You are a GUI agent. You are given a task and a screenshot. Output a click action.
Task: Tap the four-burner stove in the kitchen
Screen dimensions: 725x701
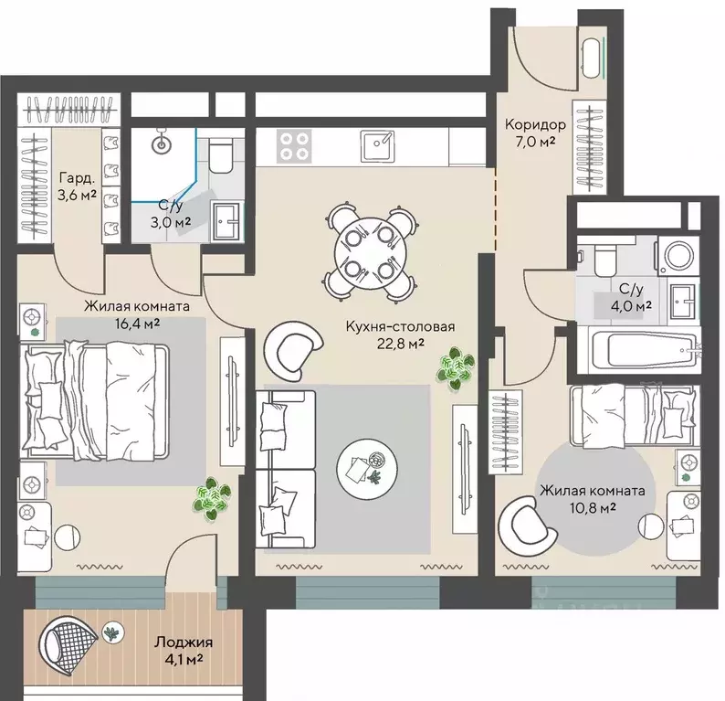tap(294, 145)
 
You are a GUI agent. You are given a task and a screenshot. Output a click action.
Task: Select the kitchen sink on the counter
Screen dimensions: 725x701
tap(378, 145)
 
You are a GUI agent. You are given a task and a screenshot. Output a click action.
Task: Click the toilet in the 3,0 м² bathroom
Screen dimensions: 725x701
tap(221, 154)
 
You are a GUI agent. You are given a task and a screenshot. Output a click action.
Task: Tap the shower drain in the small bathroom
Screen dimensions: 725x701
tap(163, 144)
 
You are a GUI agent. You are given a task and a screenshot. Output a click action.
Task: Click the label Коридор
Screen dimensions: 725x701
tap(535, 124)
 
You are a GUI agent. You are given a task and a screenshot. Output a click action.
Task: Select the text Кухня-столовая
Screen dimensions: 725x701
tap(401, 326)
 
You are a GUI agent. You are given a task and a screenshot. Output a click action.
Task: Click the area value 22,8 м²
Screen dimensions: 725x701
tap(401, 344)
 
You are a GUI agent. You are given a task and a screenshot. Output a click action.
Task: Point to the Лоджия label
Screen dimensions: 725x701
tap(184, 643)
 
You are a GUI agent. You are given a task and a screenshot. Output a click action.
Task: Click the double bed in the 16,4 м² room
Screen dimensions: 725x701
tap(94, 400)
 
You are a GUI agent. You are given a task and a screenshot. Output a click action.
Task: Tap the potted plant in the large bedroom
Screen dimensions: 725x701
tap(212, 498)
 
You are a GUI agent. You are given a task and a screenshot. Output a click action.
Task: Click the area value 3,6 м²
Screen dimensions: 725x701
tap(78, 195)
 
